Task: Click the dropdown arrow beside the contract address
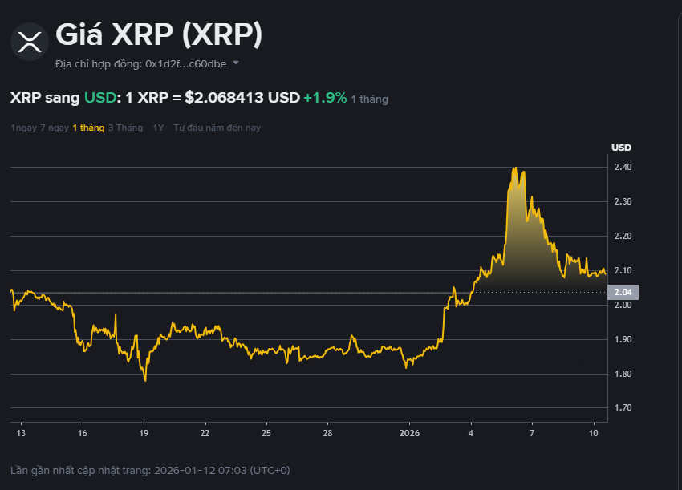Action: pyautogui.click(x=236, y=63)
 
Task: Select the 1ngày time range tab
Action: pyautogui.click(x=23, y=128)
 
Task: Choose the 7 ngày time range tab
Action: pyautogui.click(x=55, y=128)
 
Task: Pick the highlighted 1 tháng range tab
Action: pyautogui.click(x=88, y=128)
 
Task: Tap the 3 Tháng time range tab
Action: pyautogui.click(x=125, y=128)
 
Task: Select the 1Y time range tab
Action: pyautogui.click(x=158, y=128)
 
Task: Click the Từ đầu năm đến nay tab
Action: pyautogui.click(x=217, y=128)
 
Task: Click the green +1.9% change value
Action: pyautogui.click(x=325, y=98)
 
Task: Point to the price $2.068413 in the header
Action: pyautogui.click(x=224, y=98)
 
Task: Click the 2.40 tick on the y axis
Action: pyautogui.click(x=623, y=168)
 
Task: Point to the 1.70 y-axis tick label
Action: pyautogui.click(x=623, y=408)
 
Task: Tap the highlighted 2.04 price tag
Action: pyautogui.click(x=622, y=292)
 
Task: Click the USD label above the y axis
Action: pyautogui.click(x=621, y=148)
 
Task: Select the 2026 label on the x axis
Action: pyautogui.click(x=409, y=433)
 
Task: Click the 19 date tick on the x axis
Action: pyautogui.click(x=144, y=433)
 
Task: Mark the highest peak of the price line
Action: pyautogui.click(x=514, y=168)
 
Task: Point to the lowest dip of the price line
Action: pyautogui.click(x=145, y=380)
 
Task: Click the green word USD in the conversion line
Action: pyautogui.click(x=100, y=98)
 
